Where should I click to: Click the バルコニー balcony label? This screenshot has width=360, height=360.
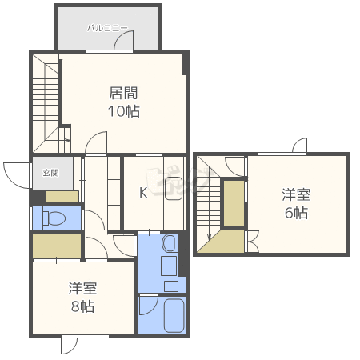[107, 27]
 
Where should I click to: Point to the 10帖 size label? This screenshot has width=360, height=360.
[124, 111]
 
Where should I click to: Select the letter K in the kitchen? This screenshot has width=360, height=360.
[144, 192]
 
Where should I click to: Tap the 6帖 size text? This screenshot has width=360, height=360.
[295, 213]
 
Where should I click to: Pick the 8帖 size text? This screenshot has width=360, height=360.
[82, 306]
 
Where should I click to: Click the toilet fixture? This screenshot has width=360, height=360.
[54, 218]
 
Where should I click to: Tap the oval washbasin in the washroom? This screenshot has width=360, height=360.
[169, 242]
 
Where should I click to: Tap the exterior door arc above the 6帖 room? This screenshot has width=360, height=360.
[299, 146]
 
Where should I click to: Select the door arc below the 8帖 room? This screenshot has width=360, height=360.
[69, 346]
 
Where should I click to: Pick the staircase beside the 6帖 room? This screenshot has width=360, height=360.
[208, 200]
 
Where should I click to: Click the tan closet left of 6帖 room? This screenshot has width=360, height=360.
[234, 205]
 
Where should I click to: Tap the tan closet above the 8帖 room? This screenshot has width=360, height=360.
[56, 246]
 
